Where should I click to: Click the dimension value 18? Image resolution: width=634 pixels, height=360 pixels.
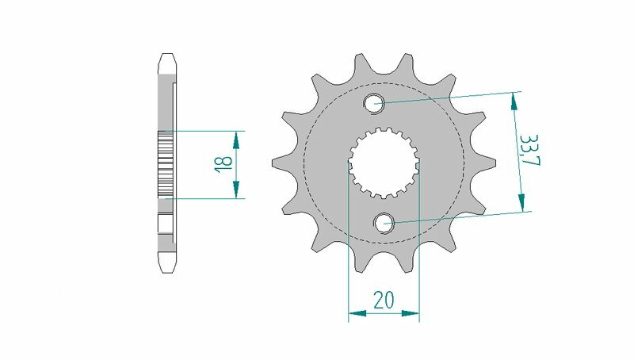(224, 164)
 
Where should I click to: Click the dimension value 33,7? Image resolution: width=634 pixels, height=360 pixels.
(526, 151)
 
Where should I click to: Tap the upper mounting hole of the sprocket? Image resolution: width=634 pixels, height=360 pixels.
(374, 102)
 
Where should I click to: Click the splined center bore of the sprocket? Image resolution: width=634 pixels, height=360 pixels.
(384, 163)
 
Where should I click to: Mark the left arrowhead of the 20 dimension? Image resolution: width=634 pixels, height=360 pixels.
(356, 315)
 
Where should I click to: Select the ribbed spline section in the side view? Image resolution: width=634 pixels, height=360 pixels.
(166, 163)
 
